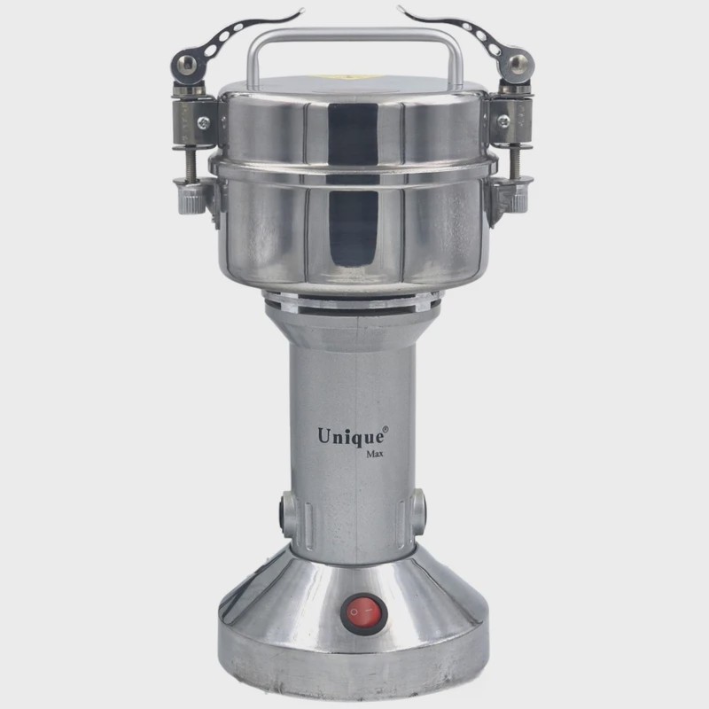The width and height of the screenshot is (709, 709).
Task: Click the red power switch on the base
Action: coord(364,612)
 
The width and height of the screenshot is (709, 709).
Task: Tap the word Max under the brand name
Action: coord(374,454)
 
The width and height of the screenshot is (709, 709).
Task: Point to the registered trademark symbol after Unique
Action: coord(386,429)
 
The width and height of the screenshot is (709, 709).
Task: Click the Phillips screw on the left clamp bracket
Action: coord(204,121)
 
